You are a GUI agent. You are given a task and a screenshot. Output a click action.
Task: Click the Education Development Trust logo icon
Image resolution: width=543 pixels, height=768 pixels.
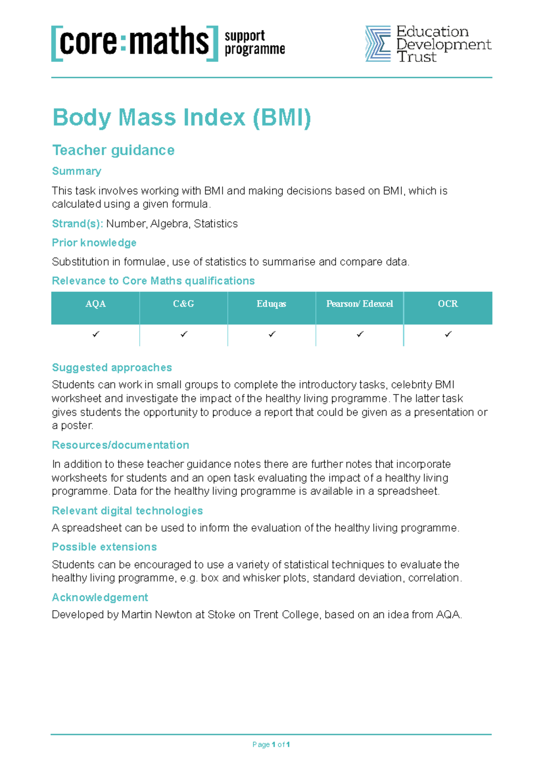378,43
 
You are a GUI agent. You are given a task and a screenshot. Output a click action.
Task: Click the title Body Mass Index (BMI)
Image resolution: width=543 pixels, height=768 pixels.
181,118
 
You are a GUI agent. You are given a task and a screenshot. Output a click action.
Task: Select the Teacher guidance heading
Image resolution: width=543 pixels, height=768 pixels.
113,150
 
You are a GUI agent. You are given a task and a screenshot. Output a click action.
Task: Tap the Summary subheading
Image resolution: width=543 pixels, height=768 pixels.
76,171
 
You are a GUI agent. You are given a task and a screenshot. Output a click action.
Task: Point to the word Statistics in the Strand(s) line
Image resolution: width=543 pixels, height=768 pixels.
216,224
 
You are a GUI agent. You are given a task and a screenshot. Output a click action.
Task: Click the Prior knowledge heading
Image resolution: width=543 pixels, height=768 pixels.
94,243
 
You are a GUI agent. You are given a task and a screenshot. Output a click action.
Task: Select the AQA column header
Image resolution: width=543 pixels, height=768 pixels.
95,304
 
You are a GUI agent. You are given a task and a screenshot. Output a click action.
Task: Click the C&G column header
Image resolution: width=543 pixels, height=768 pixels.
183,304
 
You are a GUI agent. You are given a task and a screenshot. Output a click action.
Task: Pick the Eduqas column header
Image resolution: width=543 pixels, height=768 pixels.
271,304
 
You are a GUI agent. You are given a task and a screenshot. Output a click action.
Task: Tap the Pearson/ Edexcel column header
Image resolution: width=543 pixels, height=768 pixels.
360,304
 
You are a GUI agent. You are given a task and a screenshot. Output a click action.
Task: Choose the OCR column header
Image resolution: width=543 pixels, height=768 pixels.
448,304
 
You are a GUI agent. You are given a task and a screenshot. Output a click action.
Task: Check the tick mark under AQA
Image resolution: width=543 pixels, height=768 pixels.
95,334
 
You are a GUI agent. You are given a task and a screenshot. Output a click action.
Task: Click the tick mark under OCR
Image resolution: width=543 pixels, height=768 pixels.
448,334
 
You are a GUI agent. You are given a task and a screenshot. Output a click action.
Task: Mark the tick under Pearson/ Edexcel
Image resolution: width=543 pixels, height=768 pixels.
360,334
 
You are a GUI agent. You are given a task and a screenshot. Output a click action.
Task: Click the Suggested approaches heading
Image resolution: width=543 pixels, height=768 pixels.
112,368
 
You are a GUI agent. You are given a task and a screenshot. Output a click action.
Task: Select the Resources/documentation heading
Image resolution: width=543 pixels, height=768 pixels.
120,445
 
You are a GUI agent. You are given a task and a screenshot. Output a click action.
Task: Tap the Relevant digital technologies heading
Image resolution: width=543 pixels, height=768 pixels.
127,511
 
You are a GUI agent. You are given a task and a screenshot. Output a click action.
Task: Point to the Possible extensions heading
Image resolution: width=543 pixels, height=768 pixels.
104,547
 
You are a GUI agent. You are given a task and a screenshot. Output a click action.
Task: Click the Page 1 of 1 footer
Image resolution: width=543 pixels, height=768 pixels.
271,744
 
